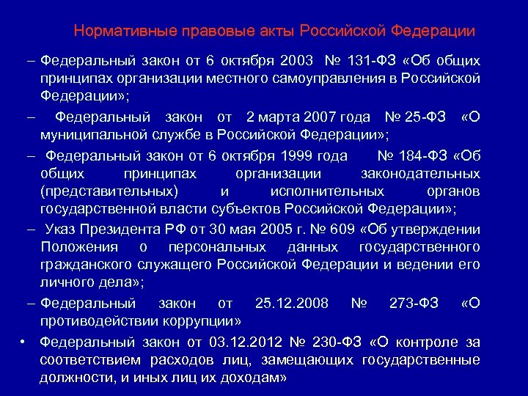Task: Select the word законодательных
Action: pos(421,173)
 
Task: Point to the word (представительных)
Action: pos(109,191)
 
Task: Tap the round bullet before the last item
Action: pos(24,341)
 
